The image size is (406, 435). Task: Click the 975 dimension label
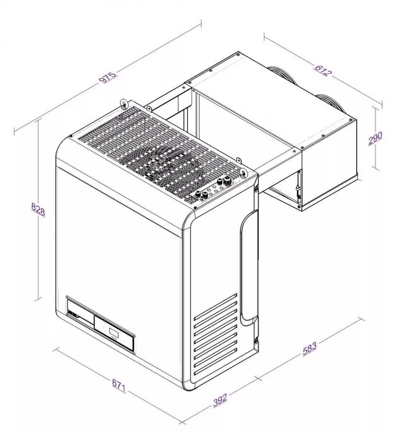coord(108,77)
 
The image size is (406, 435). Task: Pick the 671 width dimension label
coord(119,385)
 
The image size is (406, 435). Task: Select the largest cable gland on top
coord(224,182)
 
